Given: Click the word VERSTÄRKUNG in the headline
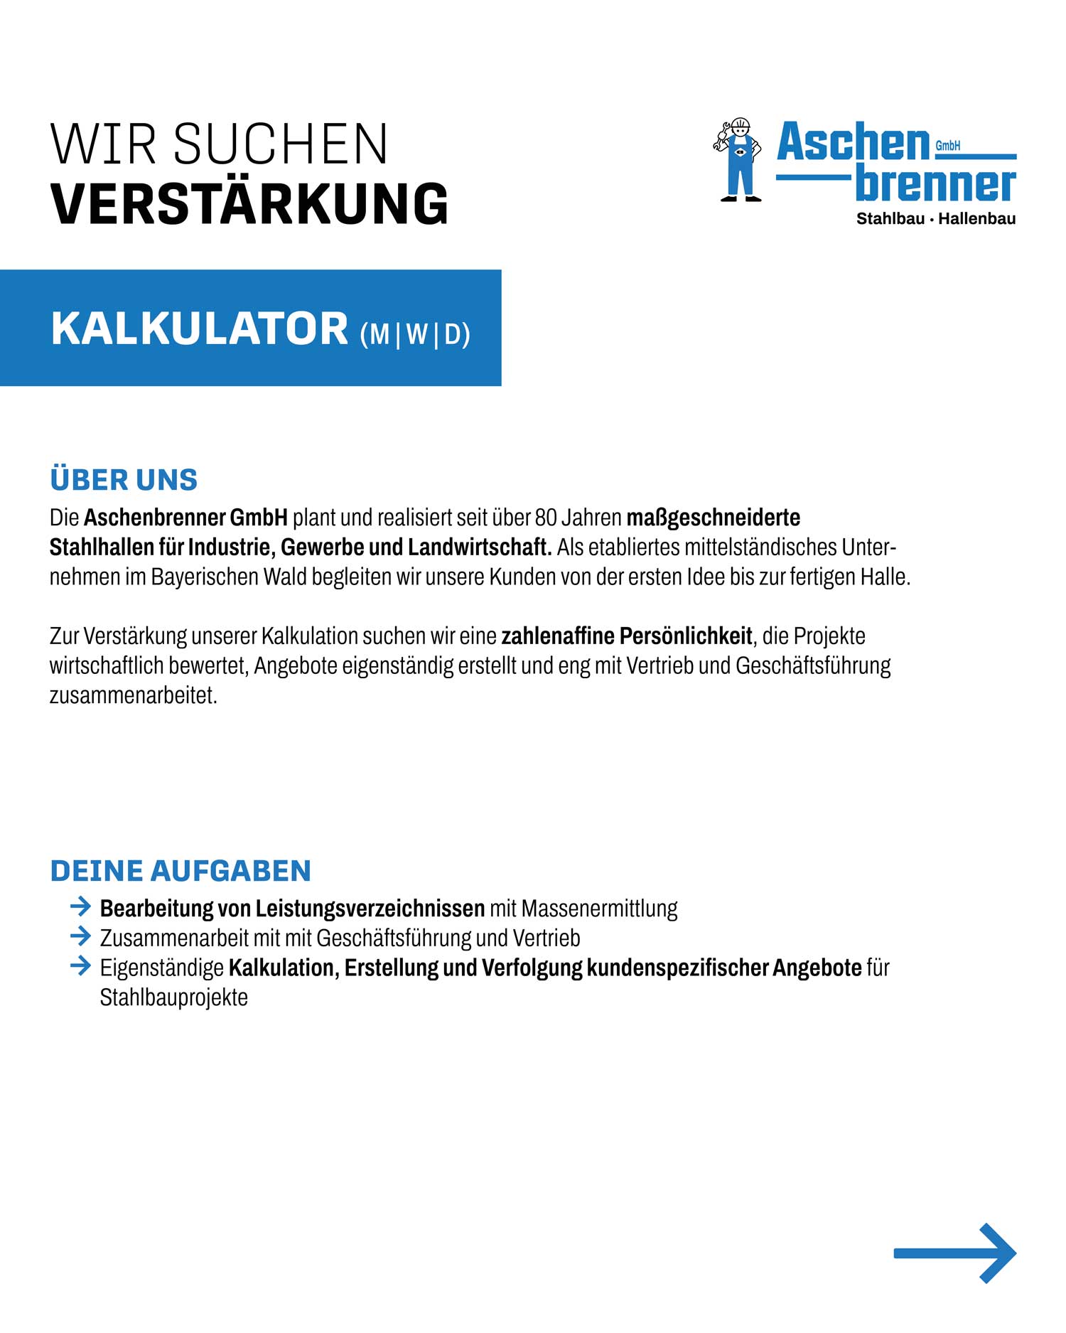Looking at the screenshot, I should click(249, 204).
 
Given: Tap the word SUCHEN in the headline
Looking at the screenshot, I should click(281, 145).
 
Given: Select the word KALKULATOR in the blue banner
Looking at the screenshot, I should click(200, 329).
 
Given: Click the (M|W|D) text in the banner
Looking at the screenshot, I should click(415, 334).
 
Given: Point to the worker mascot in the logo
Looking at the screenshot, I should click(739, 160).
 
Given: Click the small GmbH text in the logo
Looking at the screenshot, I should click(947, 146).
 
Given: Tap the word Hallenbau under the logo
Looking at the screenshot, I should click(976, 219).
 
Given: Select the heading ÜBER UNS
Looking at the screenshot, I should click(124, 480).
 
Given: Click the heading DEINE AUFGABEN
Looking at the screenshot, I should click(181, 871).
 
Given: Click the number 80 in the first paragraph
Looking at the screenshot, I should click(546, 518).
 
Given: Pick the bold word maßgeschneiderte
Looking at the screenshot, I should click(713, 518).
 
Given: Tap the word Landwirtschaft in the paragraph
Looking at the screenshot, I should click(480, 547).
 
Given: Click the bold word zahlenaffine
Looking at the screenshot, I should click(558, 636).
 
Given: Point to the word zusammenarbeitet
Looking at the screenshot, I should click(133, 695).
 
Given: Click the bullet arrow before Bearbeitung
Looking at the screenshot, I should click(80, 906).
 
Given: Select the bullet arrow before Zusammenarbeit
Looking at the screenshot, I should click(80, 936).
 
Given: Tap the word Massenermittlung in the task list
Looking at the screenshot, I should click(599, 909).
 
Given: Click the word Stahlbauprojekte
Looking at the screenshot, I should click(173, 997).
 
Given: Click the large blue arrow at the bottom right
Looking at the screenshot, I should click(955, 1253).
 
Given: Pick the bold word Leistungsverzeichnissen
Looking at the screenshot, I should click(370, 909).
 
